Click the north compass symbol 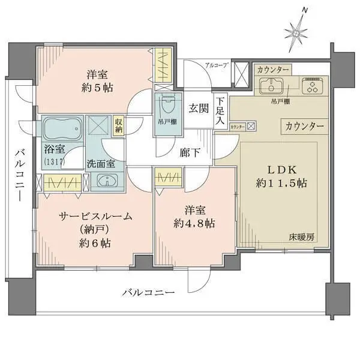click(x=296, y=30)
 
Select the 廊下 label click(x=191, y=152)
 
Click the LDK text click(x=279, y=168)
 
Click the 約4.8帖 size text click(x=193, y=223)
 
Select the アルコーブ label click(x=216, y=65)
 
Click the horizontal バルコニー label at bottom click(x=148, y=293)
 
